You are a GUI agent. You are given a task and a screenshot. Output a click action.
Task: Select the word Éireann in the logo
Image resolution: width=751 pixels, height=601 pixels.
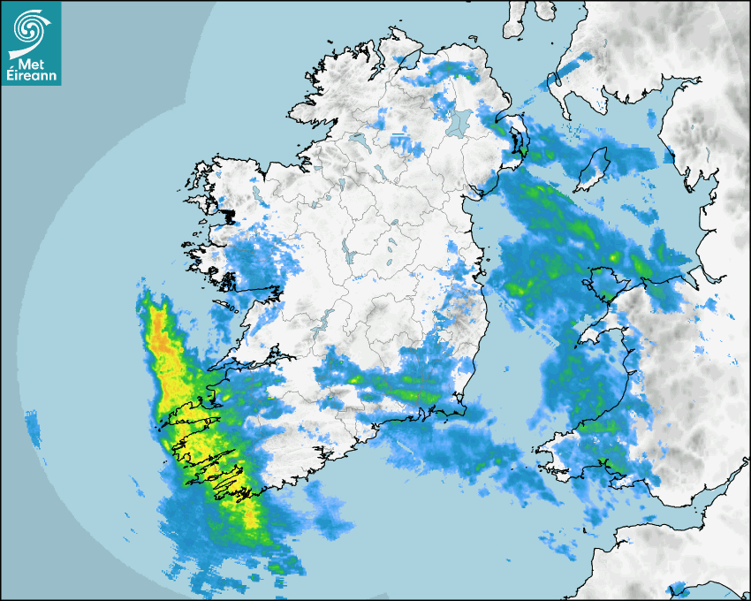click(32, 77)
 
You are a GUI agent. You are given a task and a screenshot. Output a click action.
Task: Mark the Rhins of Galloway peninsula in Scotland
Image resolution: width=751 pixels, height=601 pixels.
click(555, 85)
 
